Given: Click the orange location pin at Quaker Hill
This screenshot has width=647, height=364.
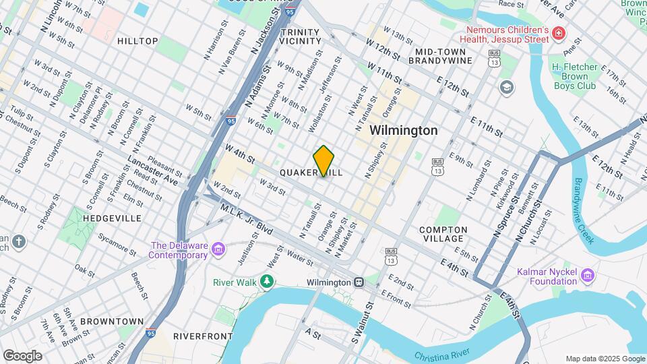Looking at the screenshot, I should [x=323, y=161].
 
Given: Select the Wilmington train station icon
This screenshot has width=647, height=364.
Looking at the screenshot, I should [x=360, y=282].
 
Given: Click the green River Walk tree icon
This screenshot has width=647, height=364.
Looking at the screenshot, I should [x=268, y=282].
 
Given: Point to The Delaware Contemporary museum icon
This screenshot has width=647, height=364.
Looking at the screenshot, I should [x=218, y=250].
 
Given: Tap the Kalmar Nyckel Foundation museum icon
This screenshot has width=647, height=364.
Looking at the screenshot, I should [x=588, y=275].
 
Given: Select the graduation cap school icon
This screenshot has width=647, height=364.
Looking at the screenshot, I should [x=506, y=87].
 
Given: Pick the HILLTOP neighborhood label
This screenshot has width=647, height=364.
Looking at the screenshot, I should [x=137, y=41].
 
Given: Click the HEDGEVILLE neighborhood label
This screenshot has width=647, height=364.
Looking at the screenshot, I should [x=112, y=218].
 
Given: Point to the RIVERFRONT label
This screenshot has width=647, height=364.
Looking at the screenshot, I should [x=198, y=336].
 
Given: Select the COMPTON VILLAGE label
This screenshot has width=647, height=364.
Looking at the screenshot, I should [x=443, y=234].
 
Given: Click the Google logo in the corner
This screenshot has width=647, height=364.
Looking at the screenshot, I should [x=22, y=355].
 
